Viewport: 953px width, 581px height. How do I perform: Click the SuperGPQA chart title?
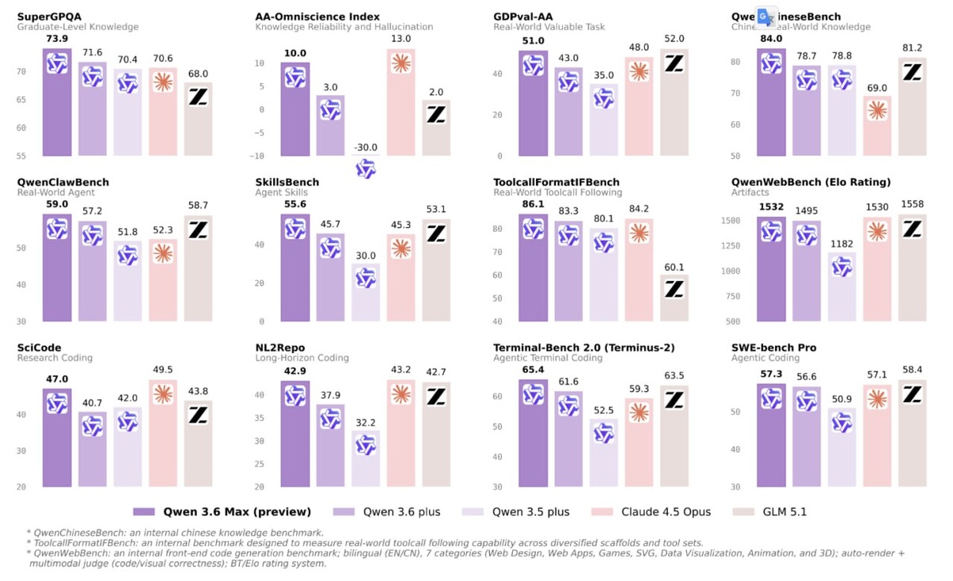50,17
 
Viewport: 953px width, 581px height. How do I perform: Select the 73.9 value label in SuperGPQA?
56,38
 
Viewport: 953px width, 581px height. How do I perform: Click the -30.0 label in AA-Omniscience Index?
365,147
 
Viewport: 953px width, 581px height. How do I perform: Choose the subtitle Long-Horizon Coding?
302,358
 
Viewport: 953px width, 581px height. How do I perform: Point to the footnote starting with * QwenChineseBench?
175,533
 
